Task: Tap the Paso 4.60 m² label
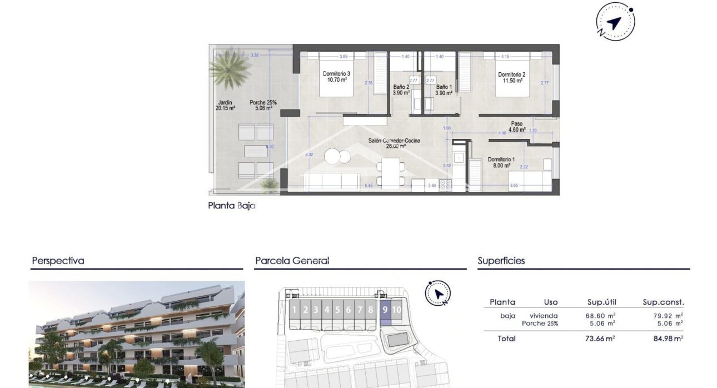pyautogui.click(x=517, y=127)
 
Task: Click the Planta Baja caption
pyautogui.click(x=231, y=206)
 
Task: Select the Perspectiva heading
pyautogui.click(x=58, y=260)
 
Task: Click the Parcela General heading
pyautogui.click(x=292, y=260)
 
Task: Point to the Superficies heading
pyautogui.click(x=501, y=260)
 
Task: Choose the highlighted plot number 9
pyautogui.click(x=385, y=310)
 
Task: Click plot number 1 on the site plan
pyautogui.click(x=295, y=310)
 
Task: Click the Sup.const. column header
pyautogui.click(x=663, y=302)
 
